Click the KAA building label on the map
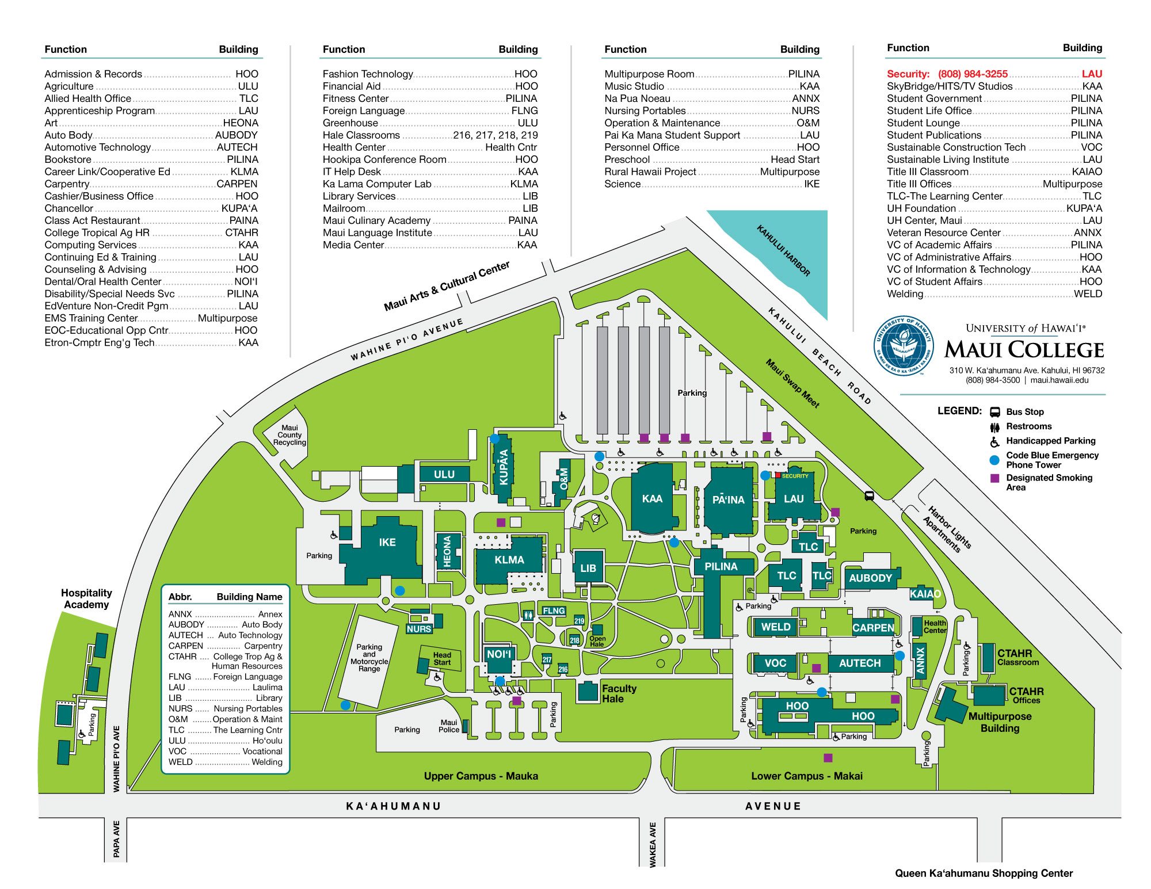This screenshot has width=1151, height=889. (x=652, y=499)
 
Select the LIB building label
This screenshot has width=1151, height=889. (x=588, y=568)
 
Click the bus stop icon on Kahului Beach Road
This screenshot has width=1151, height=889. (x=869, y=495)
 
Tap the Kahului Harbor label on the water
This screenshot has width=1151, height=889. (x=783, y=251)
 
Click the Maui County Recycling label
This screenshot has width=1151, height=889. (x=289, y=435)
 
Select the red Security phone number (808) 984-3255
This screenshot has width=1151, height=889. (x=973, y=74)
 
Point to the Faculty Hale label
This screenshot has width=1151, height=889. (x=619, y=693)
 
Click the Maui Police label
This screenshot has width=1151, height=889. (x=449, y=726)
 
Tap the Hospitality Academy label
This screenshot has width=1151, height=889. (x=86, y=598)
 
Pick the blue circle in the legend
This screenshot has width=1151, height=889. (x=994, y=460)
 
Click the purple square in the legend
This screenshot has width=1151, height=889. (x=994, y=478)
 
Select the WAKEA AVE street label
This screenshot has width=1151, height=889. (x=653, y=845)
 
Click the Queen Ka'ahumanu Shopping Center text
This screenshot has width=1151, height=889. (x=984, y=873)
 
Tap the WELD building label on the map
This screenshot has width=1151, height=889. (x=776, y=627)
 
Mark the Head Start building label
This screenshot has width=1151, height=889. (x=442, y=659)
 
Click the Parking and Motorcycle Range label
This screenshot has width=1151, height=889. (x=369, y=658)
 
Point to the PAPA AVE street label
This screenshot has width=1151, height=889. (x=116, y=839)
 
